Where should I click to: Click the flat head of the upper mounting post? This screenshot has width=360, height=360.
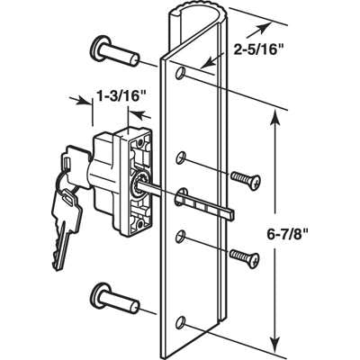coord(96,47)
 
